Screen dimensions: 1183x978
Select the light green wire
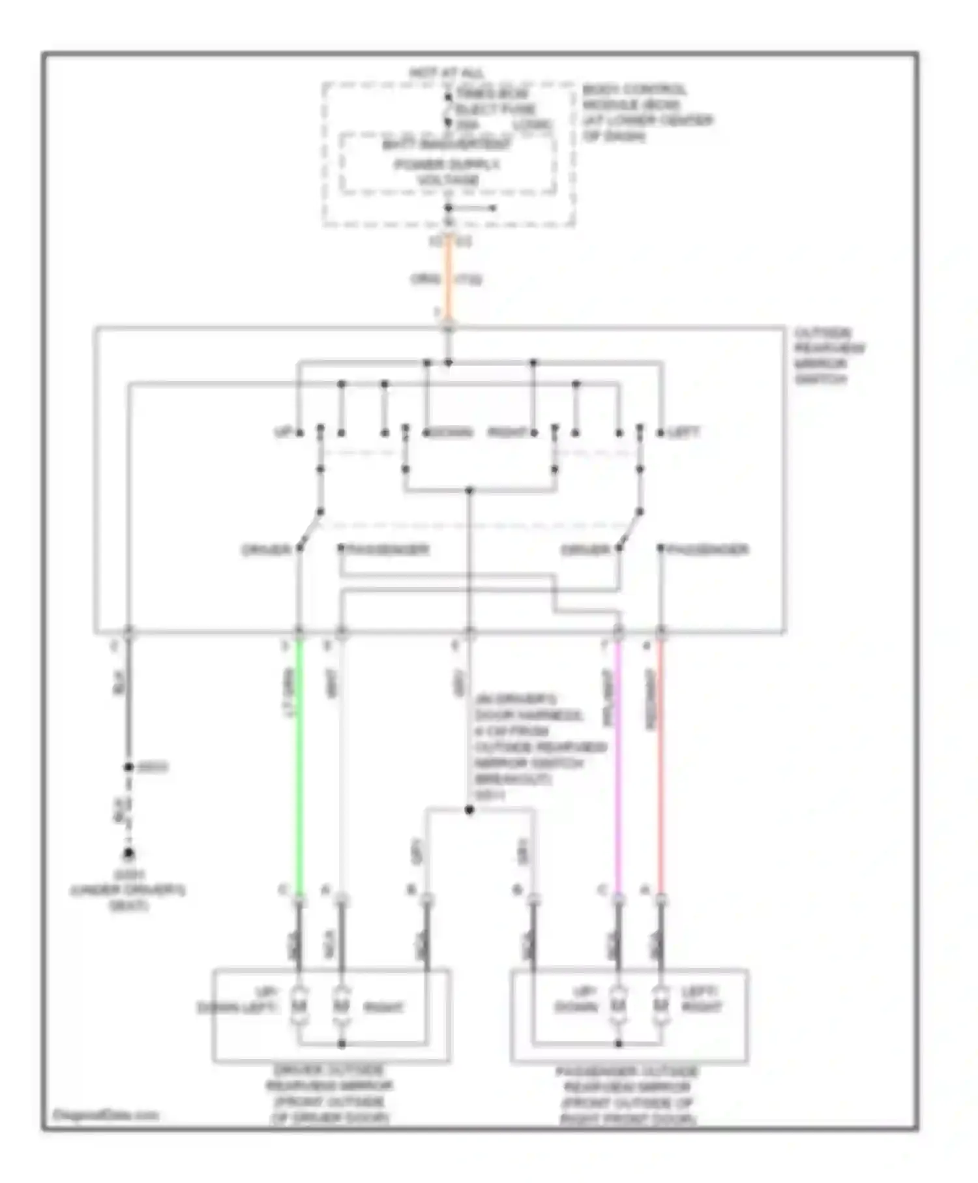[300, 770]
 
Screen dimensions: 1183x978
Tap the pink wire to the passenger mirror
[618, 770]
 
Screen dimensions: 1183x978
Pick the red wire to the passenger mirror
[660, 770]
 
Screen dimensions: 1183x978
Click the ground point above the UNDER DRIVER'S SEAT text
[129, 853]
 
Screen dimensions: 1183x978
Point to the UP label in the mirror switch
[282, 432]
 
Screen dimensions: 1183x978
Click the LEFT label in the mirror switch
[683, 432]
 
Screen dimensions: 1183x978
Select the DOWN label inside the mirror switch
[450, 432]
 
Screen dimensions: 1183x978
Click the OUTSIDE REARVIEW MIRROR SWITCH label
[828, 356]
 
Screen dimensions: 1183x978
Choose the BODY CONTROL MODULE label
[645, 113]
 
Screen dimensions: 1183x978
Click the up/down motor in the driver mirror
[299, 1006]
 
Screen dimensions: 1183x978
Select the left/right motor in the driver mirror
[341, 1006]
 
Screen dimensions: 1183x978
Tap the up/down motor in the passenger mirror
[618, 1006]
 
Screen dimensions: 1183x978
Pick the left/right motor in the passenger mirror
[660, 1006]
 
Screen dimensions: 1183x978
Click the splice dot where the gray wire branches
[469, 810]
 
